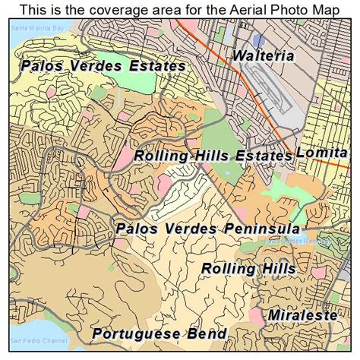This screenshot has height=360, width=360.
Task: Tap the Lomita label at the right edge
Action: coord(327,153)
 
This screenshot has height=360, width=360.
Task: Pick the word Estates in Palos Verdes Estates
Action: coord(155,66)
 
